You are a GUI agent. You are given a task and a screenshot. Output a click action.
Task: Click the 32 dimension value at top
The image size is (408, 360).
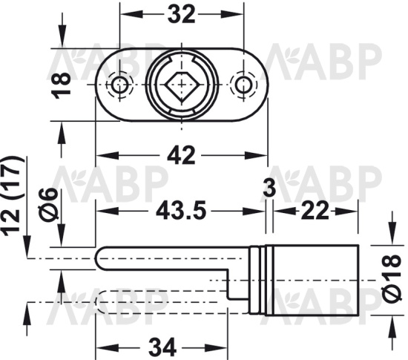(181, 15)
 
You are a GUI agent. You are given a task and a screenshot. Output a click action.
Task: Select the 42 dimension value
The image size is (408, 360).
(181, 155)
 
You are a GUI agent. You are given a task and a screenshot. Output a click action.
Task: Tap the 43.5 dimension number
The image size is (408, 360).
(181, 210)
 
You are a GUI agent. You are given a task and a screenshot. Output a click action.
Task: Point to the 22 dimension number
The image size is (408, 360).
(315, 210)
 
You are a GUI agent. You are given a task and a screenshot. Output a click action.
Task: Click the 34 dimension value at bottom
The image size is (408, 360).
(162, 347)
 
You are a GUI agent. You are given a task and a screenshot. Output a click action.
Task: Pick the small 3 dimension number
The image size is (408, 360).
(269, 188)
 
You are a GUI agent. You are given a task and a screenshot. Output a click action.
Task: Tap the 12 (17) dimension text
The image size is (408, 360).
(12, 197)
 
